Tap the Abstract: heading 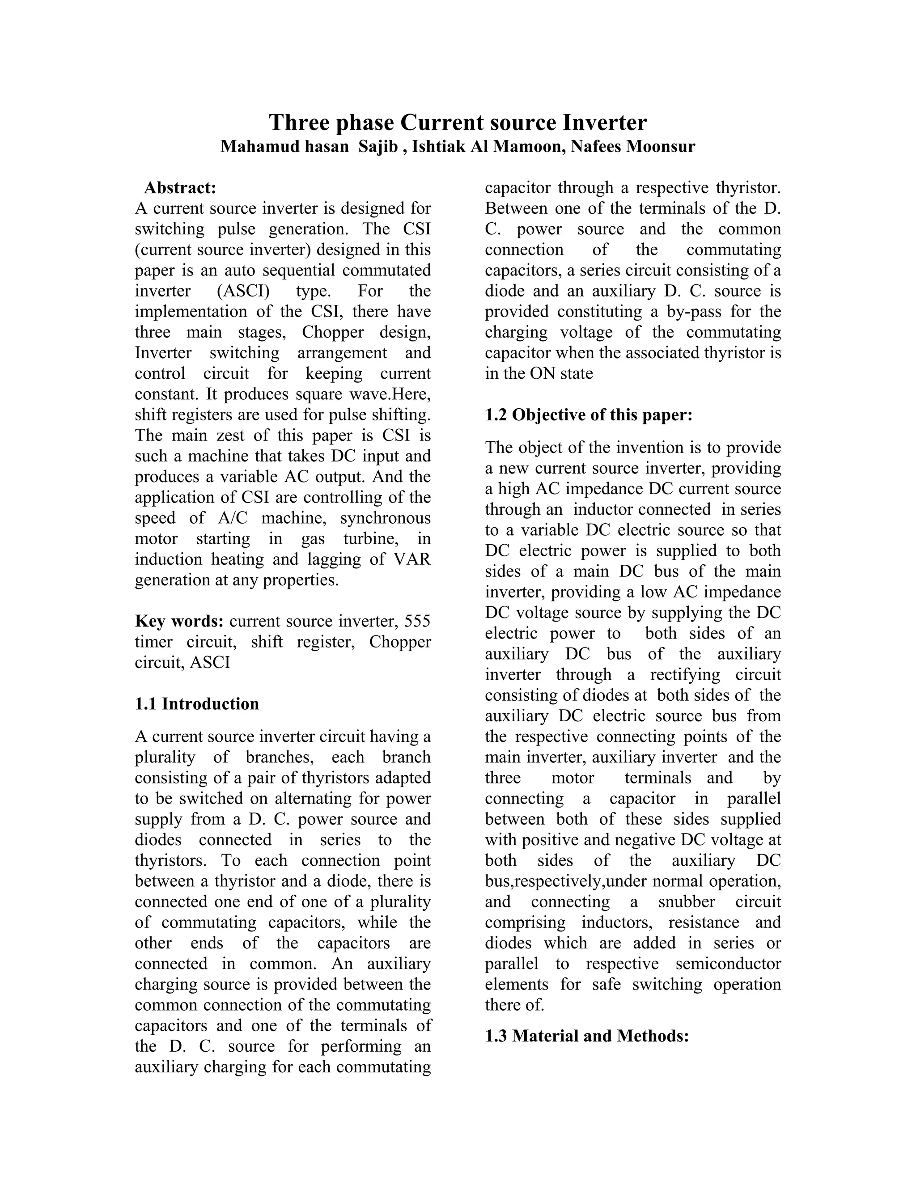coord(180,188)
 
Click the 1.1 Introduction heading coord(196,704)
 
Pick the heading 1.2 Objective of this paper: coord(589,415)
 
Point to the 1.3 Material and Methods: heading coord(587,1037)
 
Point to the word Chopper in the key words coord(400,642)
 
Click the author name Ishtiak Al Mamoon coord(486,147)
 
